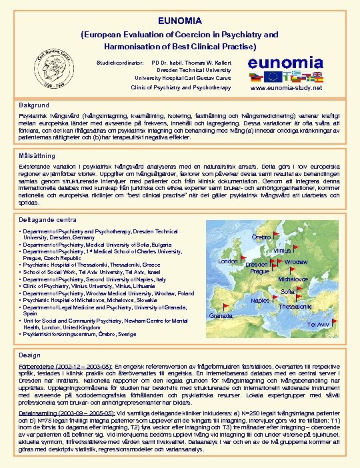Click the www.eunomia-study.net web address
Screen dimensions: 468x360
pos(285,88)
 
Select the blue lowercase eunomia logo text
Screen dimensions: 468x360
pos(285,62)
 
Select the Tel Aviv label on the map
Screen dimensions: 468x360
pos(317,324)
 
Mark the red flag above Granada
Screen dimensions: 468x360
pos(227,305)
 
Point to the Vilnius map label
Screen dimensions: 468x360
pos(283,251)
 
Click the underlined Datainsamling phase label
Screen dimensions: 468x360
pos(37,414)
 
